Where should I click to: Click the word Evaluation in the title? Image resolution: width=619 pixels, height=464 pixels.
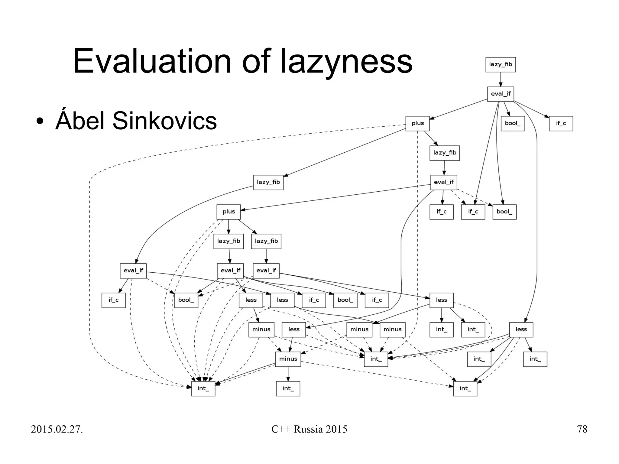[x=152, y=61]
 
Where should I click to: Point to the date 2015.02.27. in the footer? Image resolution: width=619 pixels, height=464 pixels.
[x=57, y=429]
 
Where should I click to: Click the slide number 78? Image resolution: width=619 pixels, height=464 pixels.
[x=582, y=429]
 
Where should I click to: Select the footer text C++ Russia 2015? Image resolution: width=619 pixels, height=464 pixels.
[x=309, y=429]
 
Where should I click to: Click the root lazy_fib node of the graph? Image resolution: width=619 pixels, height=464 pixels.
[x=501, y=64]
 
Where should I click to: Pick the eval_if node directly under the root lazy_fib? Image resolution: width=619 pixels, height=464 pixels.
[x=501, y=94]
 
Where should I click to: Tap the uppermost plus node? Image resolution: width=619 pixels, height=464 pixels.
[x=417, y=123]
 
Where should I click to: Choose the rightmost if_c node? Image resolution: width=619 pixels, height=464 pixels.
[x=561, y=123]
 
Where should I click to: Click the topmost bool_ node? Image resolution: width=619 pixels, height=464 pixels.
[x=513, y=123]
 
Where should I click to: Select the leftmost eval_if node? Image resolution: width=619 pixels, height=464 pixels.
[x=133, y=271]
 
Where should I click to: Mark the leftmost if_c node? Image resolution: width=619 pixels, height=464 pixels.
[x=113, y=300]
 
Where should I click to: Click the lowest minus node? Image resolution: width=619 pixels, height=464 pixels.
[x=288, y=359]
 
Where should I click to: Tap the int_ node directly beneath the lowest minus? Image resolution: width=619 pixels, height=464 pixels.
[x=288, y=388]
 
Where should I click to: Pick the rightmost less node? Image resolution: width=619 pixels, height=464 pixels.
[x=521, y=329]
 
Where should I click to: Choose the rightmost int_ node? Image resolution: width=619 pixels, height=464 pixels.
[x=535, y=359]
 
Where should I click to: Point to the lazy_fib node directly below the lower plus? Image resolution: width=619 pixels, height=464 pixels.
[x=228, y=241]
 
